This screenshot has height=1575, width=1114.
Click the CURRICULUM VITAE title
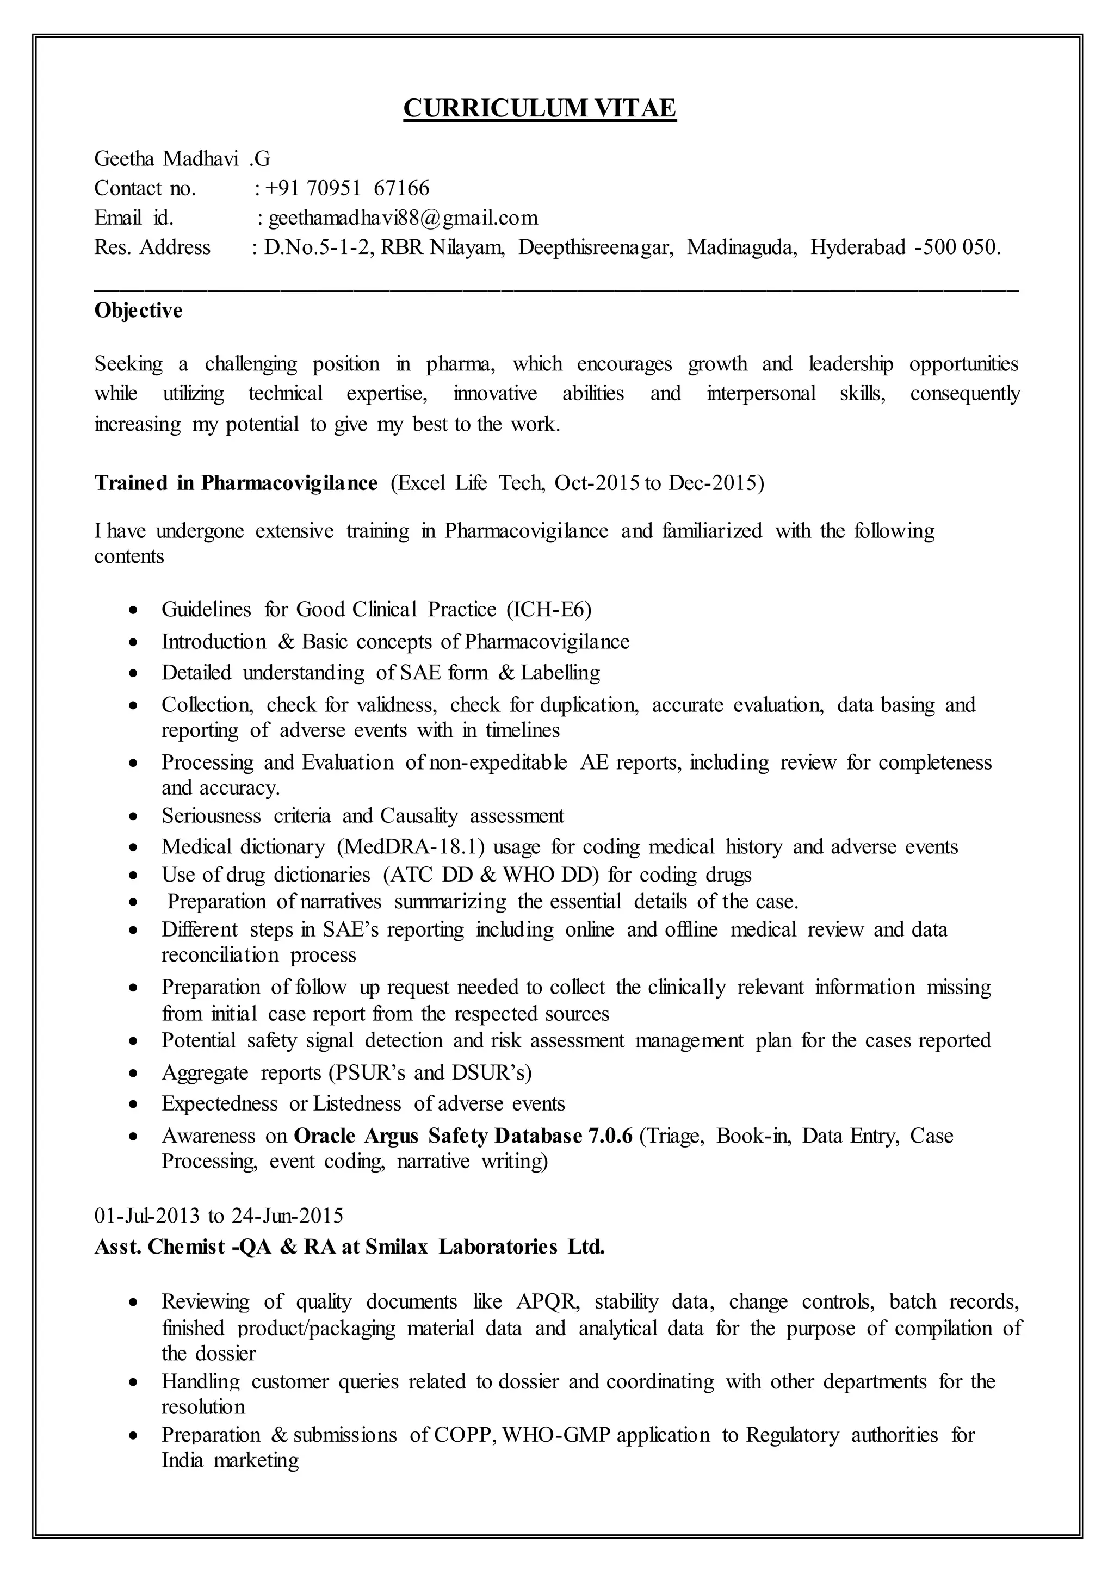pos(540,108)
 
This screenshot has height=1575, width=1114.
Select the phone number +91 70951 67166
pos(347,188)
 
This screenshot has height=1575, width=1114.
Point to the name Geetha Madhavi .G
pos(182,159)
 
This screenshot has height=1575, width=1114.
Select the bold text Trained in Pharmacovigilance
pos(236,483)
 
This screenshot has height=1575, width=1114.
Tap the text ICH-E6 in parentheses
pos(549,609)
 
